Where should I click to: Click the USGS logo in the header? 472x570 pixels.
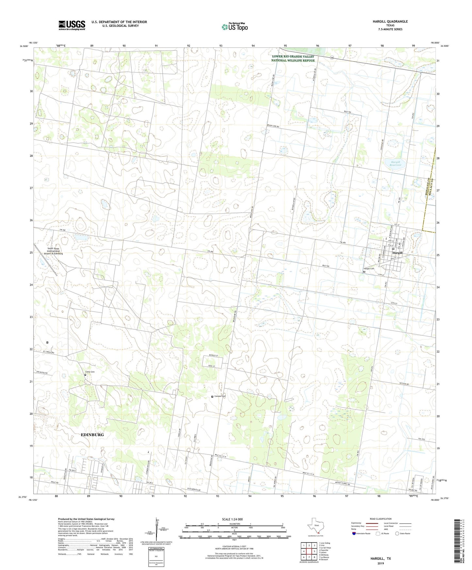point(72,25)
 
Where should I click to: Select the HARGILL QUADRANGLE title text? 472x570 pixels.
point(390,22)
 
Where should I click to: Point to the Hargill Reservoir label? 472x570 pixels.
point(397,163)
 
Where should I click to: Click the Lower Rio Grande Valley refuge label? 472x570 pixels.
point(293,58)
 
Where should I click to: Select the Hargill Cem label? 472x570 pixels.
point(369,269)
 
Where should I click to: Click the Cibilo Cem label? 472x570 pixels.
point(90,372)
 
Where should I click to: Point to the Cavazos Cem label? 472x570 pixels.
point(220,396)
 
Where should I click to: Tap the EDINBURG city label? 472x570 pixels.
point(92,435)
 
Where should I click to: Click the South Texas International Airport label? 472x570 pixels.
point(53,251)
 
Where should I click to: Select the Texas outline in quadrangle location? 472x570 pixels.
point(315,527)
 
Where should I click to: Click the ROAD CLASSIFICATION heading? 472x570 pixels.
point(381,519)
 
